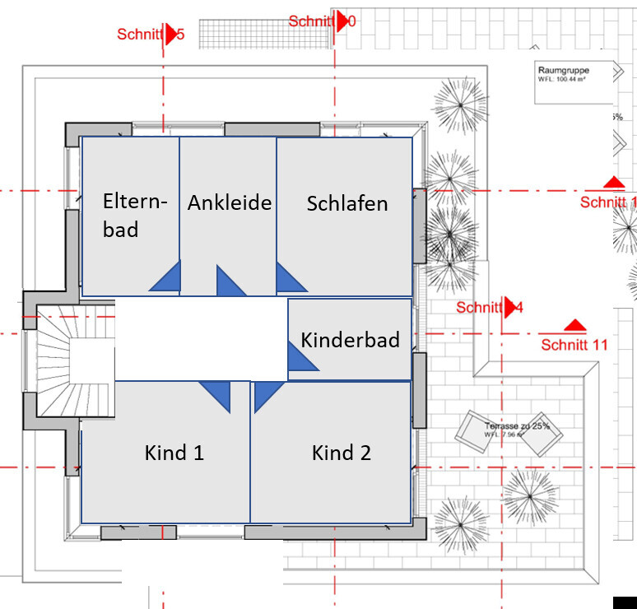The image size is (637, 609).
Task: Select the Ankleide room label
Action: click(x=229, y=202)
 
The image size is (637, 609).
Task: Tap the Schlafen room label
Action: click(x=346, y=203)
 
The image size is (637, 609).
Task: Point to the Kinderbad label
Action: click(x=350, y=340)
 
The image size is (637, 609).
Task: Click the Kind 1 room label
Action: click(x=174, y=452)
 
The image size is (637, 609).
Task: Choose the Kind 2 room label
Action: click(x=341, y=452)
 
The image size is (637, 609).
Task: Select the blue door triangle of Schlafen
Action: click(x=287, y=280)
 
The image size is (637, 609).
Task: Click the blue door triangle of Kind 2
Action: click(x=264, y=393)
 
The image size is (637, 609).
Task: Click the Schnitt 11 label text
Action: click(x=574, y=345)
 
